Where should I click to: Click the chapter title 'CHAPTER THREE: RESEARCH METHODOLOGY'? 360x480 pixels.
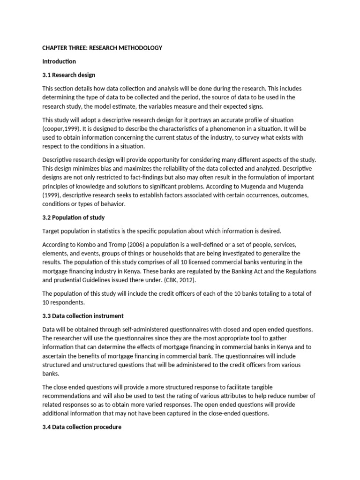click(x=102, y=48)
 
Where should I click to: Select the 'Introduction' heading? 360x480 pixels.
click(x=59, y=61)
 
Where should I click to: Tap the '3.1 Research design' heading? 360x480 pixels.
click(x=69, y=75)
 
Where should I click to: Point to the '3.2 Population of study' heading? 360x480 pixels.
click(x=74, y=217)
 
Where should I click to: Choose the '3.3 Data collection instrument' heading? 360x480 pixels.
click(x=83, y=316)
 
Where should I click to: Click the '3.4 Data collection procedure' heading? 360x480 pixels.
click(x=82, y=427)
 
